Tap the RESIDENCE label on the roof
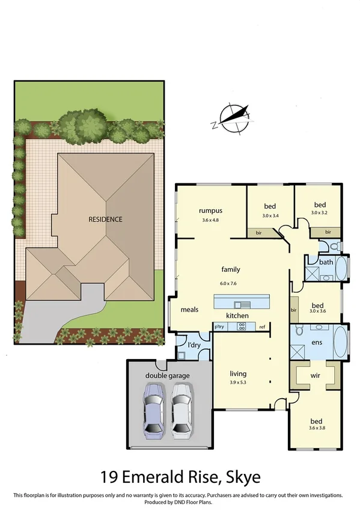(105, 220)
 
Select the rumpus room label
(211, 210)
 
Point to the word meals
(190, 310)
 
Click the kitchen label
(237, 316)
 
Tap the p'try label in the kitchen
(220, 326)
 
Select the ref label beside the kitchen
(262, 327)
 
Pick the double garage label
(167, 376)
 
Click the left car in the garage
(153, 411)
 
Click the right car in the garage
(182, 411)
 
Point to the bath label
(326, 262)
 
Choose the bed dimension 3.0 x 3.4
(271, 215)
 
